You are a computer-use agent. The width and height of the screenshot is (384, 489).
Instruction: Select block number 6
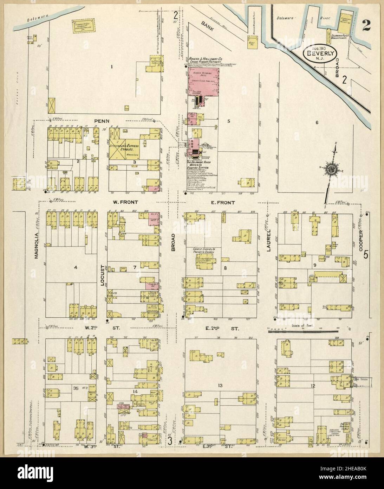click(317, 122)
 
